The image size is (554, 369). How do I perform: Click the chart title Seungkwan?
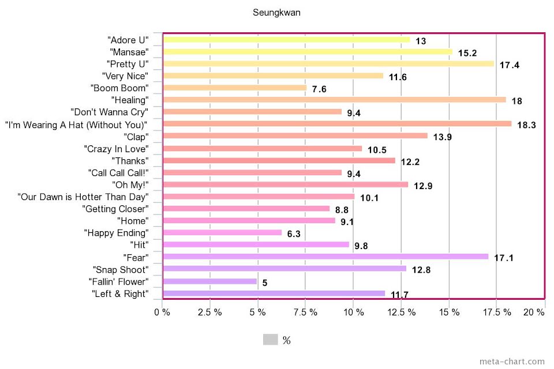click(276, 12)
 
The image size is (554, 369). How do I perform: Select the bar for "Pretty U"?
click(328, 64)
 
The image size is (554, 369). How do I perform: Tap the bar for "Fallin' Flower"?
click(210, 281)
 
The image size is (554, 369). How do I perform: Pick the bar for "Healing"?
click(334, 100)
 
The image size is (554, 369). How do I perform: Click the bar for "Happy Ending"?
click(223, 233)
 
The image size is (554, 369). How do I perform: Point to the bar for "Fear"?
click(325, 257)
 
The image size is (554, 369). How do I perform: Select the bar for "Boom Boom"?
click(235, 88)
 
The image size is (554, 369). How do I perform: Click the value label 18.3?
click(526, 125)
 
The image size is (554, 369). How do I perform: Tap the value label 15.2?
click(467, 53)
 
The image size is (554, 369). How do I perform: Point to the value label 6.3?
click(294, 234)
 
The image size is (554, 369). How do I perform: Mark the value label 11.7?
click(399, 295)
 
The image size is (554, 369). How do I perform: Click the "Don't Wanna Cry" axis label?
click(109, 112)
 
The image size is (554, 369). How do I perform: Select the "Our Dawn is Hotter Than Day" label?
click(83, 197)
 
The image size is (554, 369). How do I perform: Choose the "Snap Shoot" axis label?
click(120, 269)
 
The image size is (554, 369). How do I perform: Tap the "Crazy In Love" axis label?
click(116, 149)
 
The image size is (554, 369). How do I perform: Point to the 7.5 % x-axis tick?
click(305, 312)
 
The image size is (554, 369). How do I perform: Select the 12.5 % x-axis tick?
click(401, 312)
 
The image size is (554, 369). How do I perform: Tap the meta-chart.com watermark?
click(512, 362)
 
